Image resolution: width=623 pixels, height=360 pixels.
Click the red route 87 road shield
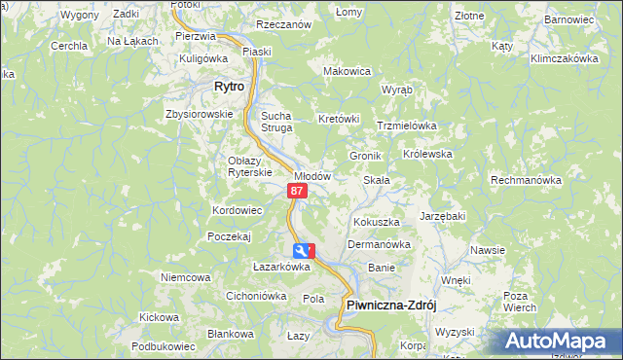(x=298, y=192)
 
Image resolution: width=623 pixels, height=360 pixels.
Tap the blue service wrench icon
(x=304, y=251)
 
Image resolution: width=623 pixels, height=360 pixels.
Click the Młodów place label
(x=313, y=176)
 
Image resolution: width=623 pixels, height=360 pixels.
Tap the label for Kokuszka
(x=377, y=223)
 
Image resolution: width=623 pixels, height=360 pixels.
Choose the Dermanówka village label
(x=379, y=244)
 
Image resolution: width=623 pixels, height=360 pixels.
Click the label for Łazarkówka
(x=281, y=267)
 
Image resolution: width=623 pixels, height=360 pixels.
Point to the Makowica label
(x=348, y=71)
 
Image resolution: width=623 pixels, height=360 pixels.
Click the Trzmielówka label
(x=407, y=126)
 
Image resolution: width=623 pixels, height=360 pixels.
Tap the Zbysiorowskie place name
(x=200, y=113)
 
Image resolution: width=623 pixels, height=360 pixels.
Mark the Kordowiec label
(x=238, y=210)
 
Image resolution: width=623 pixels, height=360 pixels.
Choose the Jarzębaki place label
(x=443, y=216)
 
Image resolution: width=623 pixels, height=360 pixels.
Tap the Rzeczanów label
(x=283, y=24)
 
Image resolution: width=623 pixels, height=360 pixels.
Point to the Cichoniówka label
(x=255, y=296)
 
